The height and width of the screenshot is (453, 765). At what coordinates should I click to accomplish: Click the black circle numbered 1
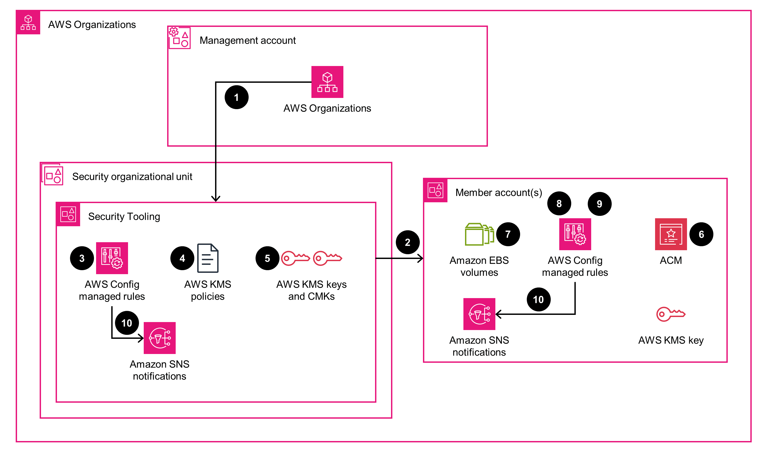click(236, 97)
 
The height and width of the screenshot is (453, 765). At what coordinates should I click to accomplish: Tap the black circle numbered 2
click(407, 242)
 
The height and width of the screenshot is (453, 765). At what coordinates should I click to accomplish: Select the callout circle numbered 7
click(508, 234)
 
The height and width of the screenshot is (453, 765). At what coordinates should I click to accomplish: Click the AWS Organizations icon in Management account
click(327, 82)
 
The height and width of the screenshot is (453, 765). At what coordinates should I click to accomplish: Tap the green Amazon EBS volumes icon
click(479, 234)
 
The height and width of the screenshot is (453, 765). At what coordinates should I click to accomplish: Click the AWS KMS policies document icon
click(208, 258)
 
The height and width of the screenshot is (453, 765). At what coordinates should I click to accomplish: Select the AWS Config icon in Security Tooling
click(112, 258)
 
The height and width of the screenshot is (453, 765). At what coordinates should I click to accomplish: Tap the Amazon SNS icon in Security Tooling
click(159, 338)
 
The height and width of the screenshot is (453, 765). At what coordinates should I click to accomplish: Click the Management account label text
click(247, 40)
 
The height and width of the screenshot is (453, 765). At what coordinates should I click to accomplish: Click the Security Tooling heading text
click(124, 216)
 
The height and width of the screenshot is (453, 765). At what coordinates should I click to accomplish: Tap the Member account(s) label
click(498, 193)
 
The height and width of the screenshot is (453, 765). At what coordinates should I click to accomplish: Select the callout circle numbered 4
click(182, 258)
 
